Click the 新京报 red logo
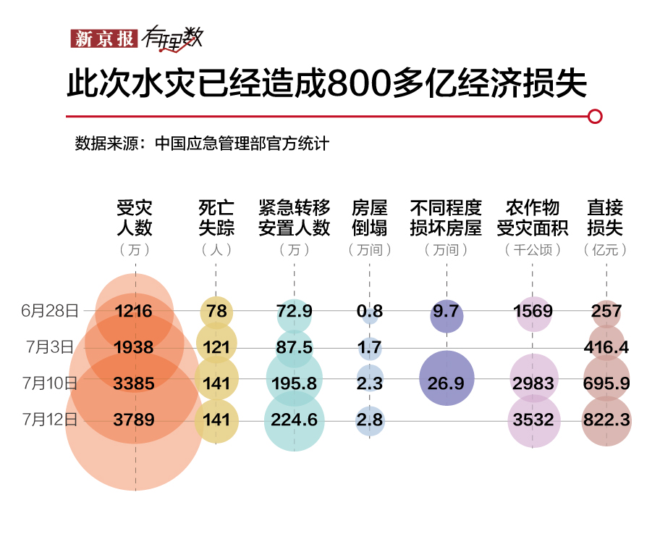coord(103,38)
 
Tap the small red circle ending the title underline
coord(595,116)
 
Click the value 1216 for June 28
coord(134,312)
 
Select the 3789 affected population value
coord(134,420)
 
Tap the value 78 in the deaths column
coord(216,312)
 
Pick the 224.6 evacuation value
coord(295,420)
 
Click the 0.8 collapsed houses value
coord(369,312)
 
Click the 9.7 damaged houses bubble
coord(447,312)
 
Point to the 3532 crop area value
coord(533,420)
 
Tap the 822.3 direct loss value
coord(606,420)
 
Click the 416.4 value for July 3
coord(606,348)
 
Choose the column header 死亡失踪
coord(216,217)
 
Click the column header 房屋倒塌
coord(369,217)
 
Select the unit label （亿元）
coord(605,250)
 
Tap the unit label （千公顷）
coord(533,250)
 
